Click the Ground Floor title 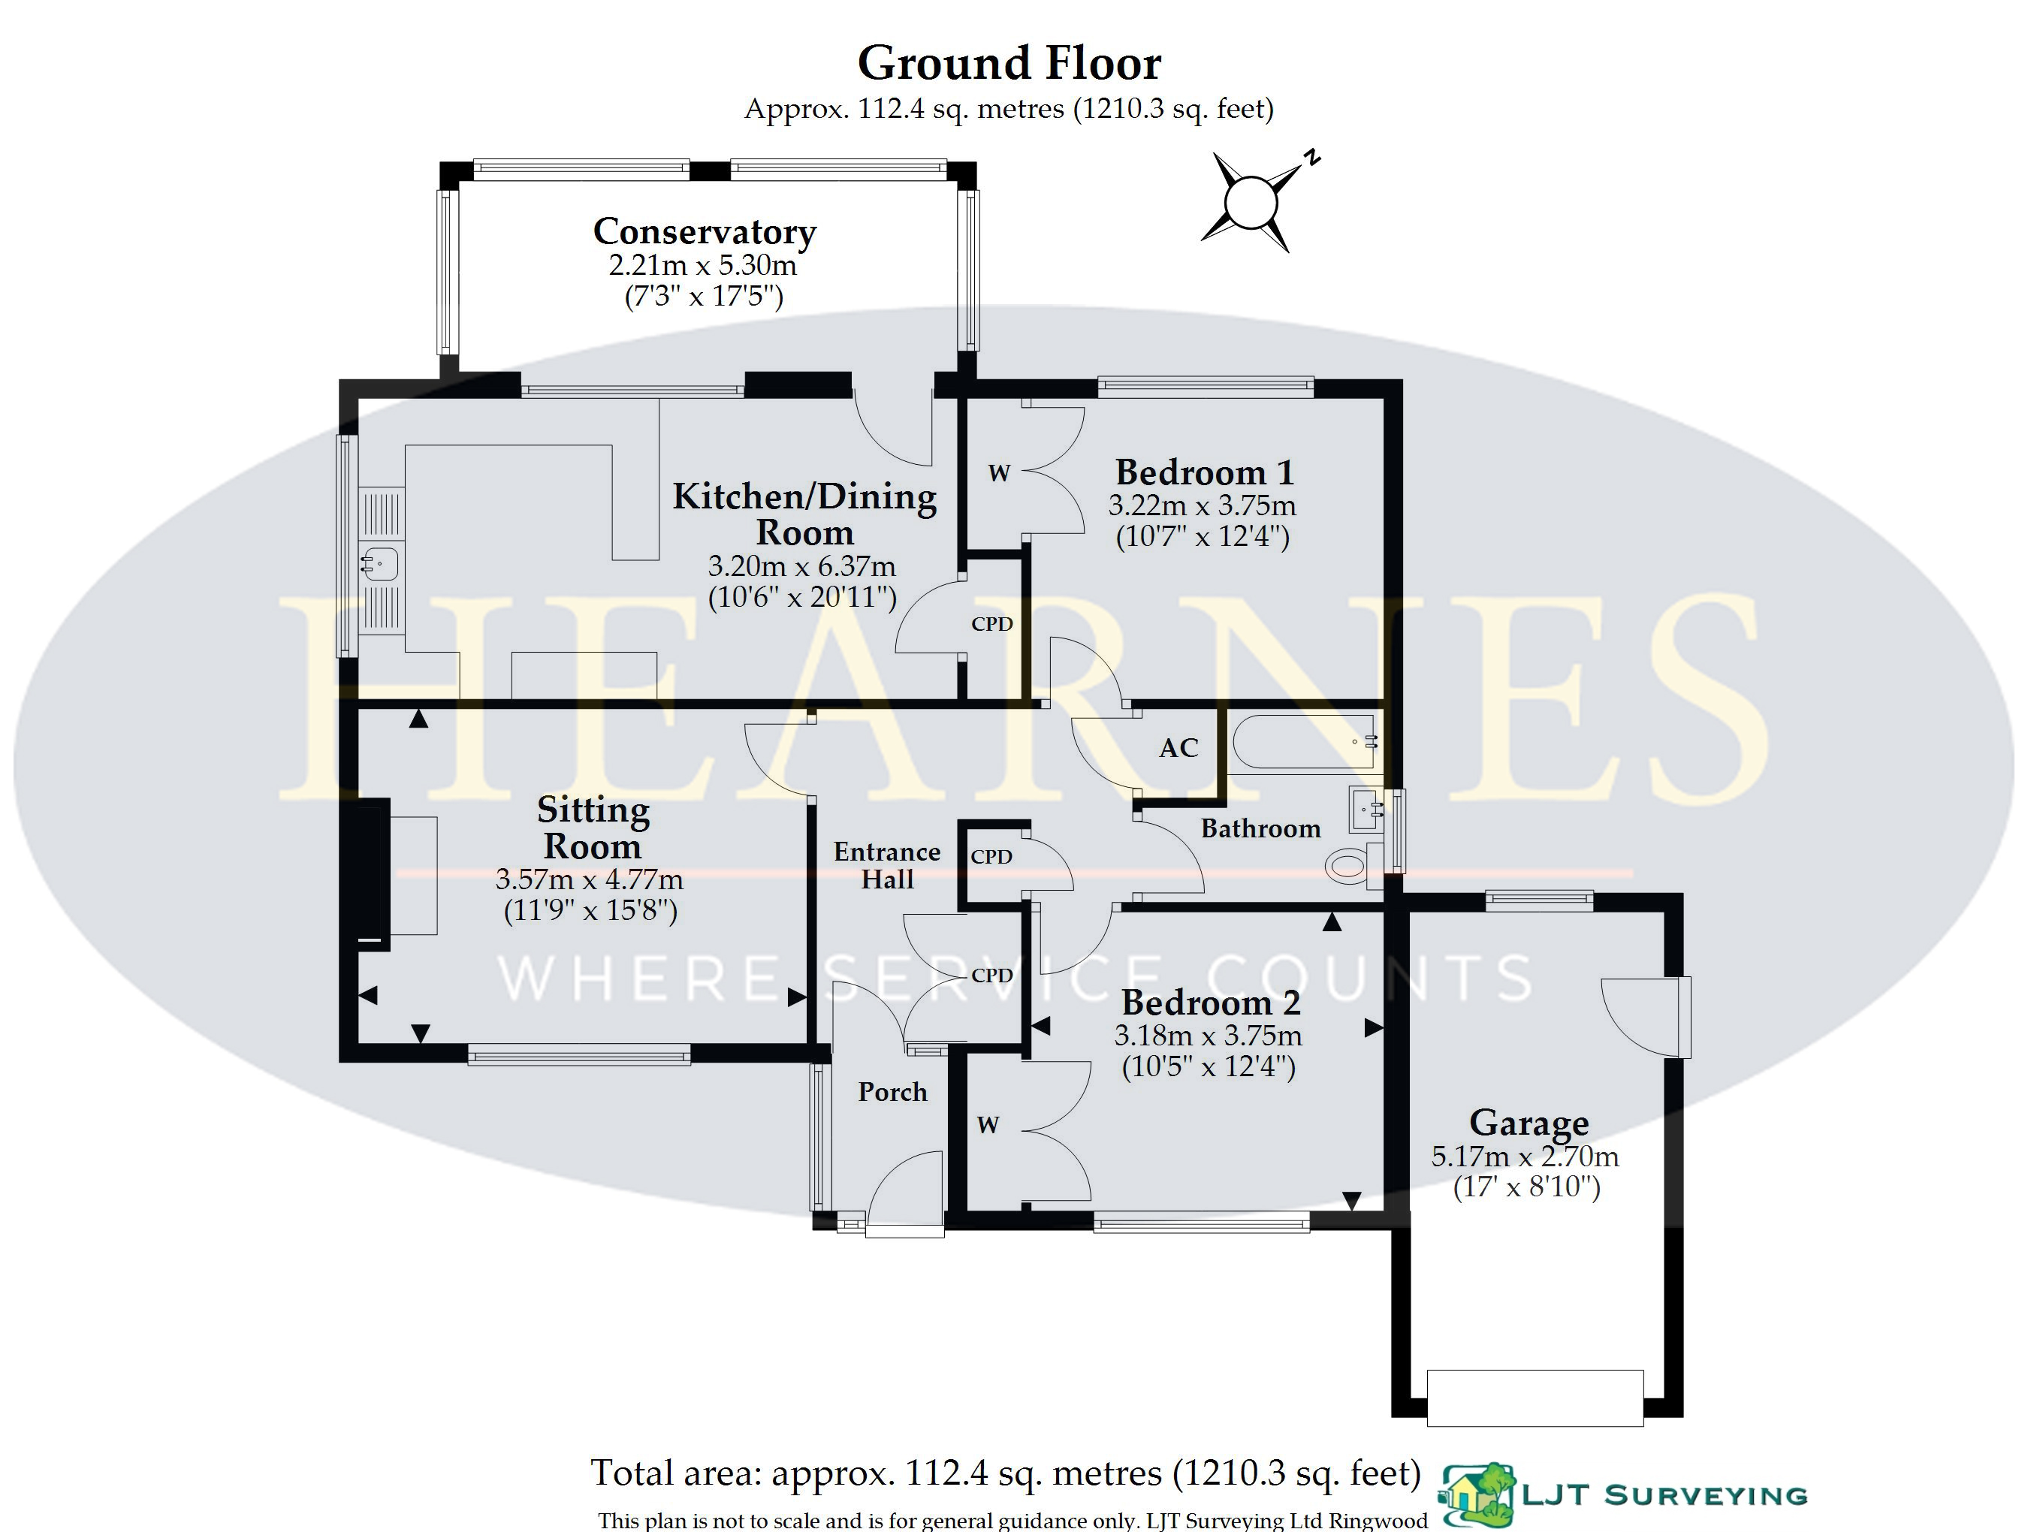click(1009, 64)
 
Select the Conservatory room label click(704, 232)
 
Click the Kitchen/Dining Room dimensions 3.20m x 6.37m click(801, 565)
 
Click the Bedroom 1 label click(1205, 472)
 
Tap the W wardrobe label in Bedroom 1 click(999, 473)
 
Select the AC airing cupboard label click(1178, 748)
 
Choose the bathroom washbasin click(1366, 809)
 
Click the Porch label click(892, 1092)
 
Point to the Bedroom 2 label click(1211, 1002)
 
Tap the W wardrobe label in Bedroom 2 click(988, 1125)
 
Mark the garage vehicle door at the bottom click(1535, 1398)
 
